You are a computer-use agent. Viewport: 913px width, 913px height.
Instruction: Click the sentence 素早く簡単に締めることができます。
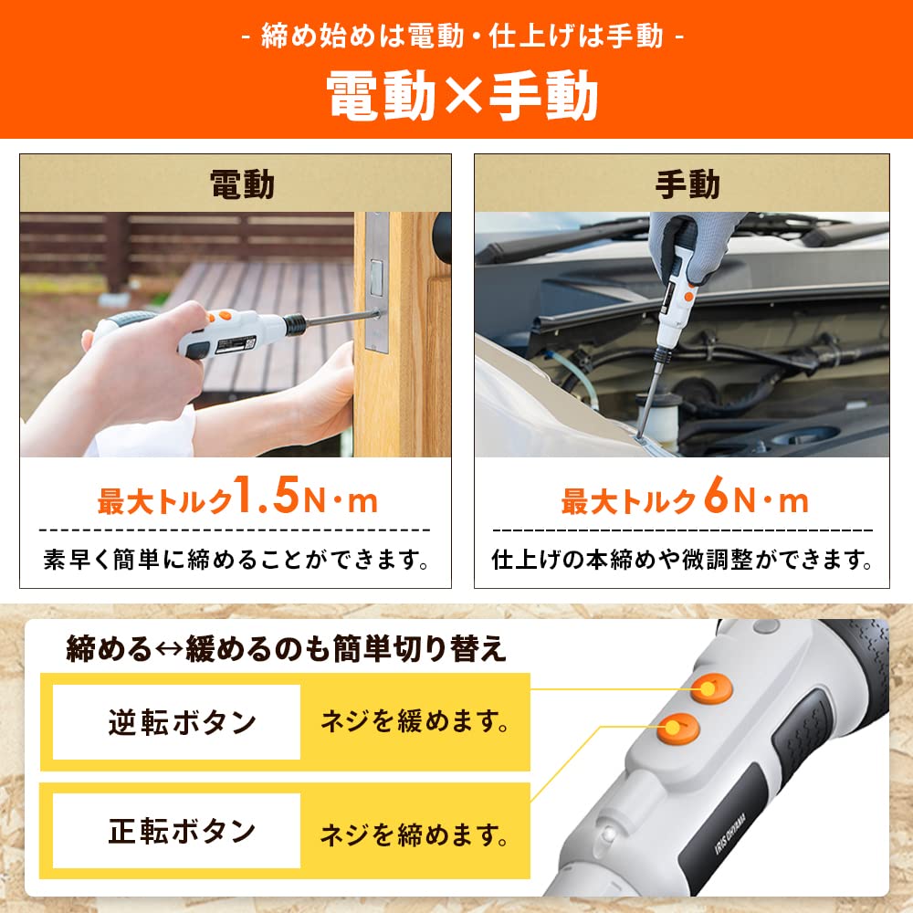click(x=236, y=559)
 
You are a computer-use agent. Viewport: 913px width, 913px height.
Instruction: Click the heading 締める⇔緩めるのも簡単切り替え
click(x=285, y=649)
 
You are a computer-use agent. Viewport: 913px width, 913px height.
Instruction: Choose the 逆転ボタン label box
click(x=177, y=722)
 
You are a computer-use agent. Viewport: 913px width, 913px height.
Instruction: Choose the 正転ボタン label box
click(x=177, y=831)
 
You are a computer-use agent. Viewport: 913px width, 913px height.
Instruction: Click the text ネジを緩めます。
click(x=414, y=722)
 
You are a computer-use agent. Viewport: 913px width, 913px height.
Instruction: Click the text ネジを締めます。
click(x=414, y=833)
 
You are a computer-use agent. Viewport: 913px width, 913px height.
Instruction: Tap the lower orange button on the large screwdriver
click(x=677, y=728)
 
